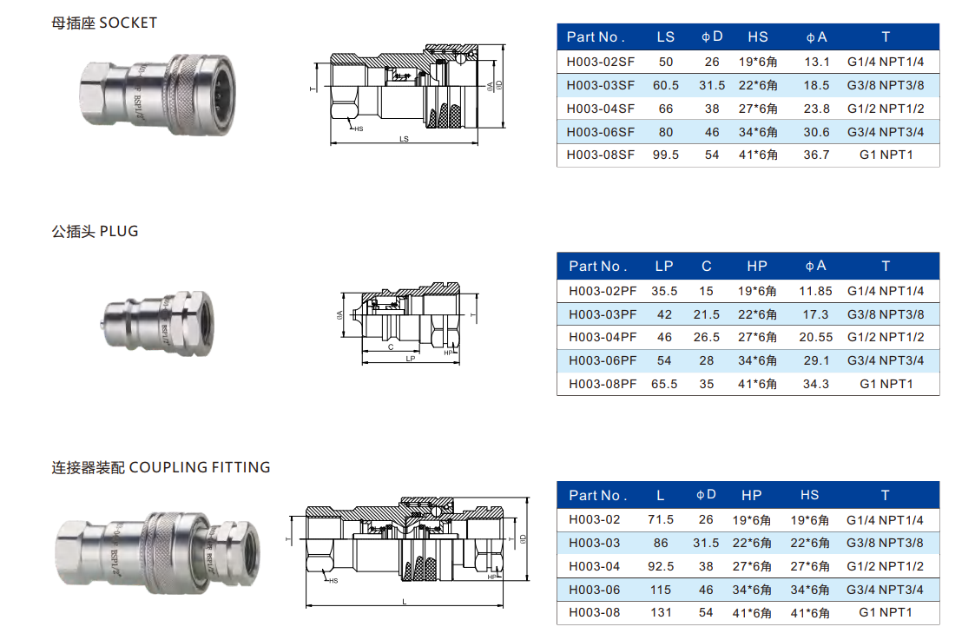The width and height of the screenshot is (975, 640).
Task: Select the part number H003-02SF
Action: coord(600,62)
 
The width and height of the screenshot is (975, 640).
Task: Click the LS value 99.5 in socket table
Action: coord(665,155)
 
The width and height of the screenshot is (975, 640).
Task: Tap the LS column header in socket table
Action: coord(665,36)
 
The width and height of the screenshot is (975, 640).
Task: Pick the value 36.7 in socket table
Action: coord(816,155)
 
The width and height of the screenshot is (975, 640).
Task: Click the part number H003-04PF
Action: coord(602,337)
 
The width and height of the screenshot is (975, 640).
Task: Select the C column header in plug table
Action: coord(707,266)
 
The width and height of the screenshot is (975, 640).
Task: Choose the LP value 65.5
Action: coord(664,383)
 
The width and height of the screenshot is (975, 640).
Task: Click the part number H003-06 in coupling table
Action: coord(595,590)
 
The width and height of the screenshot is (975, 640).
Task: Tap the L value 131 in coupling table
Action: coord(661,612)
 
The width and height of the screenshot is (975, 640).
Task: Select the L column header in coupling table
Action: coord(661,495)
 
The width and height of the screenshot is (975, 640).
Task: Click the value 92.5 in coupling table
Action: coord(661,566)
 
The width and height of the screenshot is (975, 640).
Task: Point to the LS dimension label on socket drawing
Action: coord(403,139)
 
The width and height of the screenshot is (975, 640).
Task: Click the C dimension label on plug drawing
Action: coord(391,346)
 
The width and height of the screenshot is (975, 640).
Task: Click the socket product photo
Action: coord(155,95)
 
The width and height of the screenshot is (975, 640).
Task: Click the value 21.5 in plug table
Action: coord(707,314)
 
